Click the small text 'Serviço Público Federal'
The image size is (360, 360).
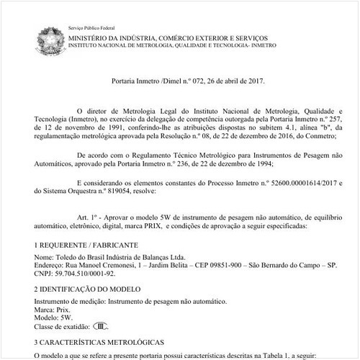92,25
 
